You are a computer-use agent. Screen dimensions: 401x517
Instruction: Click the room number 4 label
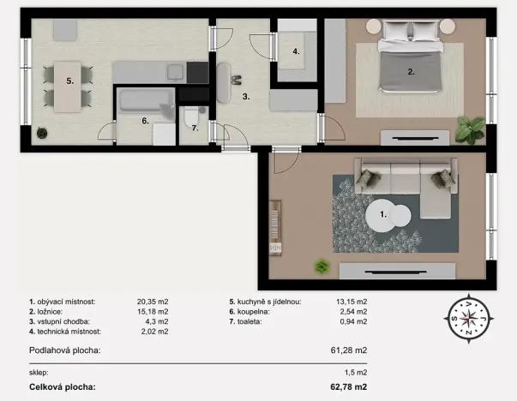tap(296, 51)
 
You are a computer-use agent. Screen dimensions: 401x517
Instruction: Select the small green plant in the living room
tap(322, 266)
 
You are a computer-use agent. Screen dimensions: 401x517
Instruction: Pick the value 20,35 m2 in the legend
tap(153, 302)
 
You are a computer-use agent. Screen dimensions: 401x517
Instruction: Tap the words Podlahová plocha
tap(64, 350)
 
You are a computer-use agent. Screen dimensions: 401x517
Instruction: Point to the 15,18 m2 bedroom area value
tap(153, 312)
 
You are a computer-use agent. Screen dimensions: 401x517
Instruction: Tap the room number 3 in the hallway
tap(245, 97)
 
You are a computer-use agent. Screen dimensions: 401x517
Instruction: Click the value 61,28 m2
tap(350, 350)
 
